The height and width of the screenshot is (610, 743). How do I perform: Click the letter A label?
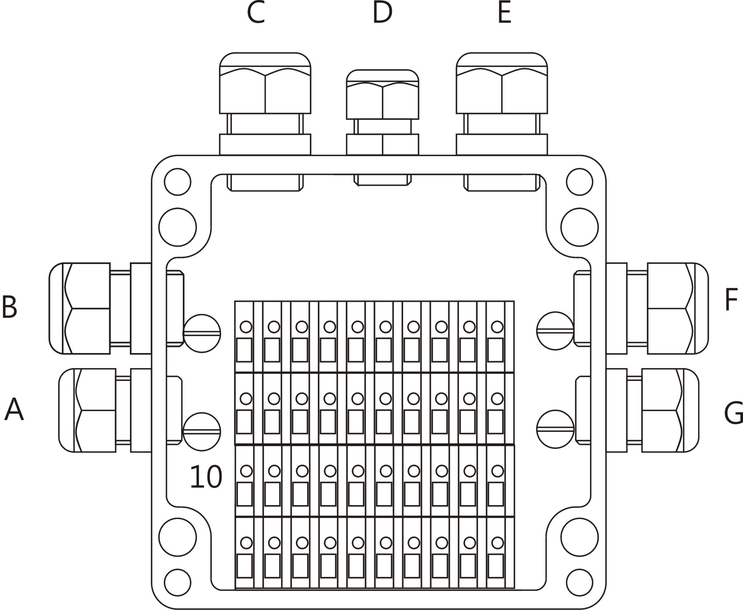(14, 409)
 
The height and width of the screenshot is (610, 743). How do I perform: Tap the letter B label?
(9, 307)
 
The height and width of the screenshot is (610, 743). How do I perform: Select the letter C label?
(256, 12)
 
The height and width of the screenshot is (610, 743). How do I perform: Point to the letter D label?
(382, 13)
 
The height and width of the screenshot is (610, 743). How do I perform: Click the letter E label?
(504, 12)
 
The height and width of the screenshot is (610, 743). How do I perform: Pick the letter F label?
(731, 300)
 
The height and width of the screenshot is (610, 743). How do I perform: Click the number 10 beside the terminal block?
(206, 477)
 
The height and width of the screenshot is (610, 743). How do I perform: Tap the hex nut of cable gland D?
(382, 100)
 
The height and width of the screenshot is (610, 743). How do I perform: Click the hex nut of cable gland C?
(265, 91)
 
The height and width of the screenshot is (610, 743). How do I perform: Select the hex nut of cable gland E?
(502, 91)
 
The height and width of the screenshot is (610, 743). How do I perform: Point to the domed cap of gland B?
(56, 308)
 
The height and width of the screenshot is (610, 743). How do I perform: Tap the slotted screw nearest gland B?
(202, 333)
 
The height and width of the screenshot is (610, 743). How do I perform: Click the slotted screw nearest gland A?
(202, 431)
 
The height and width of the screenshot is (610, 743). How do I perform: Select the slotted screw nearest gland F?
(555, 331)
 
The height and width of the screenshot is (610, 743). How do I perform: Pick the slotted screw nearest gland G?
(555, 429)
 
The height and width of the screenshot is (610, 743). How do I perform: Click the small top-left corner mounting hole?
(177, 182)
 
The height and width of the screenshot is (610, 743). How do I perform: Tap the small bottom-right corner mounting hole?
(579, 582)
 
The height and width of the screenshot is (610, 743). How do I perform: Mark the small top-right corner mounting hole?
(579, 182)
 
